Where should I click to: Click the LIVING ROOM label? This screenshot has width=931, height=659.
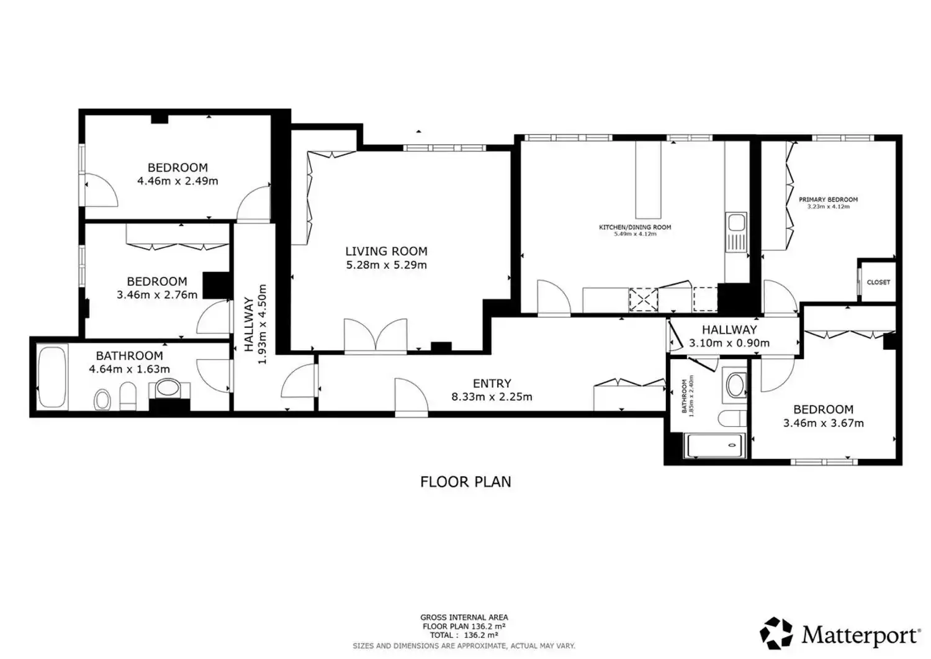coord(386,252)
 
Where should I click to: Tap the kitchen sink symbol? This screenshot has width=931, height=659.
coord(736,232)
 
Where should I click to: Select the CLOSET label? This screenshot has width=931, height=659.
coord(878,282)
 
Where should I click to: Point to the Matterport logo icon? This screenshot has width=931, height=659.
coord(776,633)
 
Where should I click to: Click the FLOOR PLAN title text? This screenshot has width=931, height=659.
coord(465,482)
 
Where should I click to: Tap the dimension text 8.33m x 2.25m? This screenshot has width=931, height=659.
coord(492,397)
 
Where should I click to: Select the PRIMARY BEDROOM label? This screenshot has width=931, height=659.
coord(828,200)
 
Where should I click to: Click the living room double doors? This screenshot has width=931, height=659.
coord(376,336)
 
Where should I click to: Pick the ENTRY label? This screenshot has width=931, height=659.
coord(492,383)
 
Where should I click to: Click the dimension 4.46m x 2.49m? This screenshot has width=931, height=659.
coord(178,181)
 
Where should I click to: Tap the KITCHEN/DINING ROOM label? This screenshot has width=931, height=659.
coord(635,227)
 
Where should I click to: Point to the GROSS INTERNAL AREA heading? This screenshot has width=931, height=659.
coord(464,617)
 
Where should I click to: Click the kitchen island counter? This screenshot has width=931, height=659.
coord(648,180)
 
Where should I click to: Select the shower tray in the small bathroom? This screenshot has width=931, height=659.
coord(714,445)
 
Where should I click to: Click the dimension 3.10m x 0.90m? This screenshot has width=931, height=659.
coord(729,343)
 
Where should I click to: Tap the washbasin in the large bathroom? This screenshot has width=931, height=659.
coord(168,388)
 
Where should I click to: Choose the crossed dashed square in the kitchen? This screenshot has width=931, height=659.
coord(644,299)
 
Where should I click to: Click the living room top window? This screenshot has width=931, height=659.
coord(444,148)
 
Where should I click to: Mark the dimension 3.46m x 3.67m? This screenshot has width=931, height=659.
coord(824,423)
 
